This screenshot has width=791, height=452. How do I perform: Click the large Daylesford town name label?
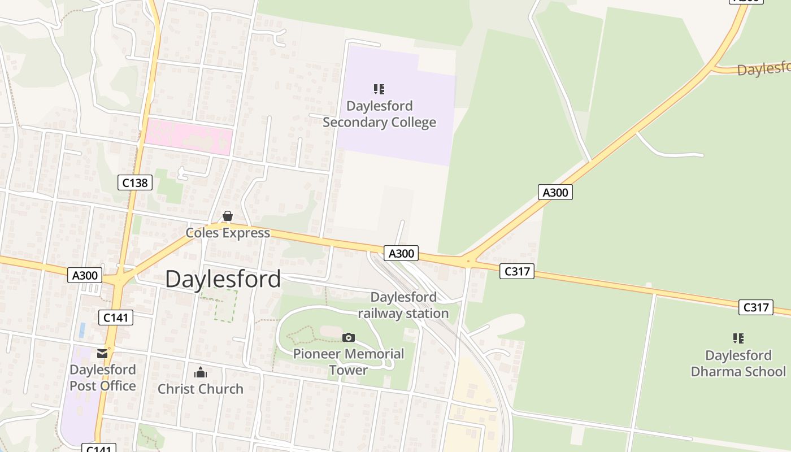223,279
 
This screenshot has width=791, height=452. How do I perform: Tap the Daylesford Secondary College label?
379,114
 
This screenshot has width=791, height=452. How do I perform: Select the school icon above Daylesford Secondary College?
379,89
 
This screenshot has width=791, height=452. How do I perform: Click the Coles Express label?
228,233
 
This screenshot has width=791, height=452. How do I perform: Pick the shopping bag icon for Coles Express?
228,216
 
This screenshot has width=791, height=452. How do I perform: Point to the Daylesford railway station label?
403,305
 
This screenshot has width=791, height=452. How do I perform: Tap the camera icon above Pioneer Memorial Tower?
349,337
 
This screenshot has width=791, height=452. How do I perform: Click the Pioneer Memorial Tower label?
349,362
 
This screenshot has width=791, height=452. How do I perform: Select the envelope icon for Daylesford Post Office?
102,354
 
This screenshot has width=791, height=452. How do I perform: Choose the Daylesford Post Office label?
102,378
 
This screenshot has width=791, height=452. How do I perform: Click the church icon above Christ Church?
201,372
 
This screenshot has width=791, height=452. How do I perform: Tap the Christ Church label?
201,389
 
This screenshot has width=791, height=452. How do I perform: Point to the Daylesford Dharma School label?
738,363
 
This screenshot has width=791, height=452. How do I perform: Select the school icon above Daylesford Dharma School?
738,338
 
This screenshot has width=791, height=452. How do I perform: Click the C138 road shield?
135,182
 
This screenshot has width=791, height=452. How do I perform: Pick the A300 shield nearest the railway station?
401,253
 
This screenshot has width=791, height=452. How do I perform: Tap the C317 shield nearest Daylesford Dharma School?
756,307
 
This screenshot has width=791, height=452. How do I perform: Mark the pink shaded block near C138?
189,137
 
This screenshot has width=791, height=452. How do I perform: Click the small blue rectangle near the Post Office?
83,330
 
